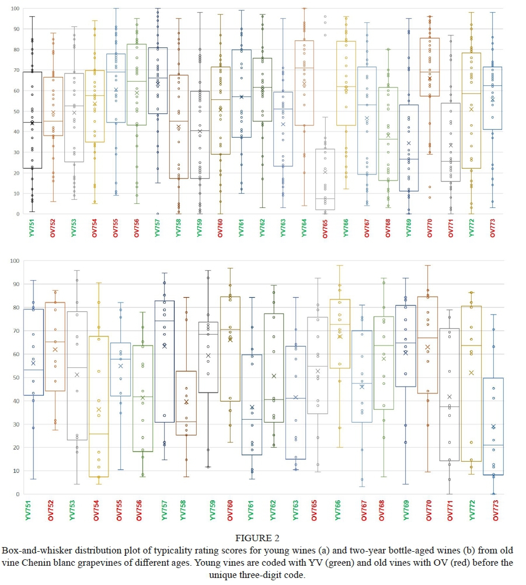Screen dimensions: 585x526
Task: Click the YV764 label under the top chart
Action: click(x=304, y=227)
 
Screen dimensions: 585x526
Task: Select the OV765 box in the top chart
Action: click(x=325, y=179)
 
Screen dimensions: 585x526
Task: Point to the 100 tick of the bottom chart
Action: click(x=15, y=260)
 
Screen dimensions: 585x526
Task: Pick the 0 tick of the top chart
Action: click(x=17, y=214)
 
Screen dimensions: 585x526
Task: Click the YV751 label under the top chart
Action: click(x=32, y=227)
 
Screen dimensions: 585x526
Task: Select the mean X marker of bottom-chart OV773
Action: click(x=493, y=427)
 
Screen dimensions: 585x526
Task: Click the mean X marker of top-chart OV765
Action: click(x=325, y=172)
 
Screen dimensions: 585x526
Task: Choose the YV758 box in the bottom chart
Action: click(x=186, y=403)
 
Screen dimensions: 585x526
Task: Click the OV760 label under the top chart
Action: click(x=220, y=227)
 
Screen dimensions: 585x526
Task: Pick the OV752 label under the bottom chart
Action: click(x=55, y=508)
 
